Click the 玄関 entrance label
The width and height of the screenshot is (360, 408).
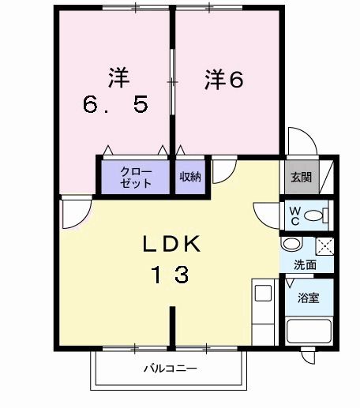click(300, 177)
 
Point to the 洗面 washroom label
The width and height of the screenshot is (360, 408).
click(306, 265)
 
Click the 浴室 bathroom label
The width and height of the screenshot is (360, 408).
click(309, 298)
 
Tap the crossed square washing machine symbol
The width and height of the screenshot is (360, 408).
click(324, 245)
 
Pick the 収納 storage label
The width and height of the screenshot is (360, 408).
click(189, 177)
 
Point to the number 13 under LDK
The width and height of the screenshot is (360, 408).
click(170, 275)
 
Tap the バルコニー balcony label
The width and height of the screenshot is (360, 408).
click(170, 369)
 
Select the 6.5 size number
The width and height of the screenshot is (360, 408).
click(117, 105)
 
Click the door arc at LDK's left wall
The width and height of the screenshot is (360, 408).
click(77, 214)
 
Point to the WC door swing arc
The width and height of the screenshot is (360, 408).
click(267, 212)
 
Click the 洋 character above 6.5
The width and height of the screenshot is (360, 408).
click(118, 77)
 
